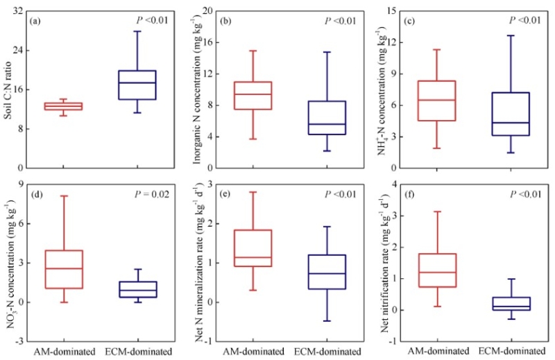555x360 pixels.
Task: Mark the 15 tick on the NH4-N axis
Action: coord(393,11)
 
